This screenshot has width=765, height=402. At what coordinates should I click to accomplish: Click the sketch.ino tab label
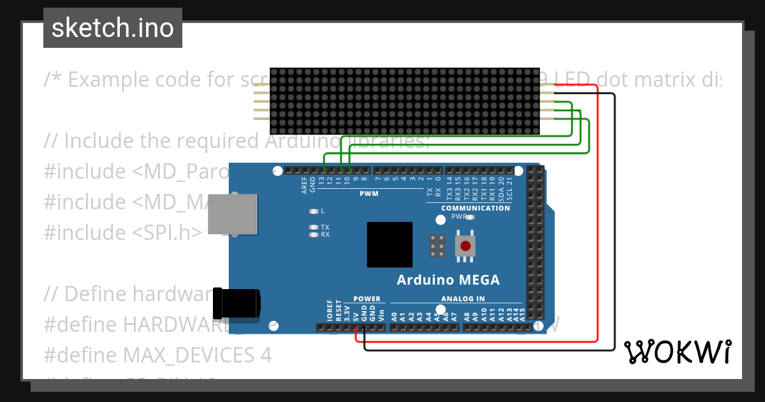112,28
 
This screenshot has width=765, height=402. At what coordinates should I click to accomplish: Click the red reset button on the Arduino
465,246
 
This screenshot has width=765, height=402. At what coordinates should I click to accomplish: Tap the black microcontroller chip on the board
390,244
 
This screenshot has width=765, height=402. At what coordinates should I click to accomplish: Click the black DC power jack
237,302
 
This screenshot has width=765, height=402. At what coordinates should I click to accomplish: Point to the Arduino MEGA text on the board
448,279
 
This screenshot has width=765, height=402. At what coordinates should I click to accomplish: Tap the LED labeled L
313,211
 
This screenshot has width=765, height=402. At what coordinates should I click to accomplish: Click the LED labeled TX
313,227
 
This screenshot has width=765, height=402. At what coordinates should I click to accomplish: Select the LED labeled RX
313,235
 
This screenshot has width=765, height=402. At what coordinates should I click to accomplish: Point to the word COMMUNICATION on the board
476,208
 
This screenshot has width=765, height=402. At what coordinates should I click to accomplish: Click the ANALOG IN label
463,299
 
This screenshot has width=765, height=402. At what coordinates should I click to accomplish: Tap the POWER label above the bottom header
367,299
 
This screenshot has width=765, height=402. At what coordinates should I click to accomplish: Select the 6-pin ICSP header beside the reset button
437,246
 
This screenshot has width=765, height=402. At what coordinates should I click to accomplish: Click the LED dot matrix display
404,101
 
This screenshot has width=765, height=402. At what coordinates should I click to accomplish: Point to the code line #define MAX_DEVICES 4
157,355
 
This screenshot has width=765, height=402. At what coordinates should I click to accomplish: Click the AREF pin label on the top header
304,185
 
